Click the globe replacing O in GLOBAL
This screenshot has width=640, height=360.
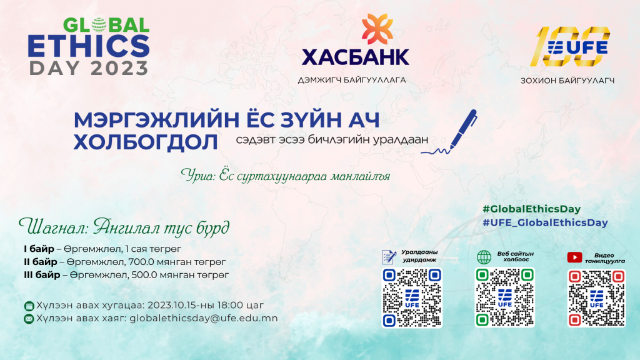(99, 25)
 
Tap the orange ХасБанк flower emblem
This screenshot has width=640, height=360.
(377, 29)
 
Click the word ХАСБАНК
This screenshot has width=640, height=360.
(355, 57)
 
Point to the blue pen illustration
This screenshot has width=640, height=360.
(449, 132)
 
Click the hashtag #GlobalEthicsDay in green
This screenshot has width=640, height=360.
(531, 209)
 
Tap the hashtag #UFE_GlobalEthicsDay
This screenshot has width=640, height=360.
(545, 222)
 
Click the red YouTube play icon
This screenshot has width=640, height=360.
(575, 257)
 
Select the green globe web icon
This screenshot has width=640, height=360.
(484, 257)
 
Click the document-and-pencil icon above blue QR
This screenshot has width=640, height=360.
(389, 257)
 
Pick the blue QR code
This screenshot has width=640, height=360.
(412, 297)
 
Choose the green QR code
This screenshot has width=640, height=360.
(504, 297)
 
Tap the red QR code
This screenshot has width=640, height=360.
(596, 298)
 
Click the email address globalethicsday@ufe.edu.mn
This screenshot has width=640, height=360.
(203, 318)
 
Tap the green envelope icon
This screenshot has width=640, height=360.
(29, 319)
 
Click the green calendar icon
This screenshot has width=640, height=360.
(29, 306)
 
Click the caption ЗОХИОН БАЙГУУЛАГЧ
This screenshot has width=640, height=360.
(567, 81)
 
